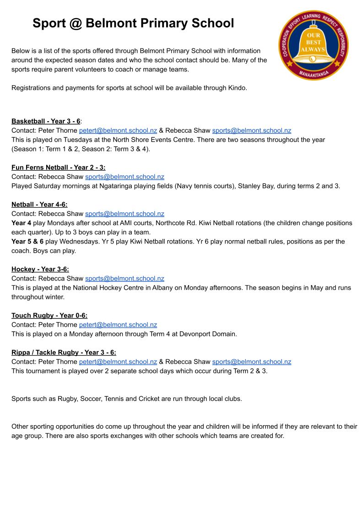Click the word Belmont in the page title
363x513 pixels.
(x=108, y=23)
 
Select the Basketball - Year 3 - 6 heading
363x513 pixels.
(x=46, y=121)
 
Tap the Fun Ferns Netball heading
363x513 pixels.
(x=58, y=167)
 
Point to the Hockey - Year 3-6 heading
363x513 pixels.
(x=40, y=269)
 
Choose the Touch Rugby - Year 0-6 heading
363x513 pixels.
(x=49, y=315)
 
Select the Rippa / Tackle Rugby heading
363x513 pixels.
(x=64, y=352)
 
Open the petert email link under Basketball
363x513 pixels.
(x=118, y=130)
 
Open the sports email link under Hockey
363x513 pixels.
(x=125, y=278)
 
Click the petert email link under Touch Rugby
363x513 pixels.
(x=118, y=324)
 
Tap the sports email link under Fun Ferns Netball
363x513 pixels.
(x=125, y=177)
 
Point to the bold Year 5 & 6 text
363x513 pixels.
(x=27, y=241)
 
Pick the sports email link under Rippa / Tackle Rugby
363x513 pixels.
(x=251, y=362)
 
